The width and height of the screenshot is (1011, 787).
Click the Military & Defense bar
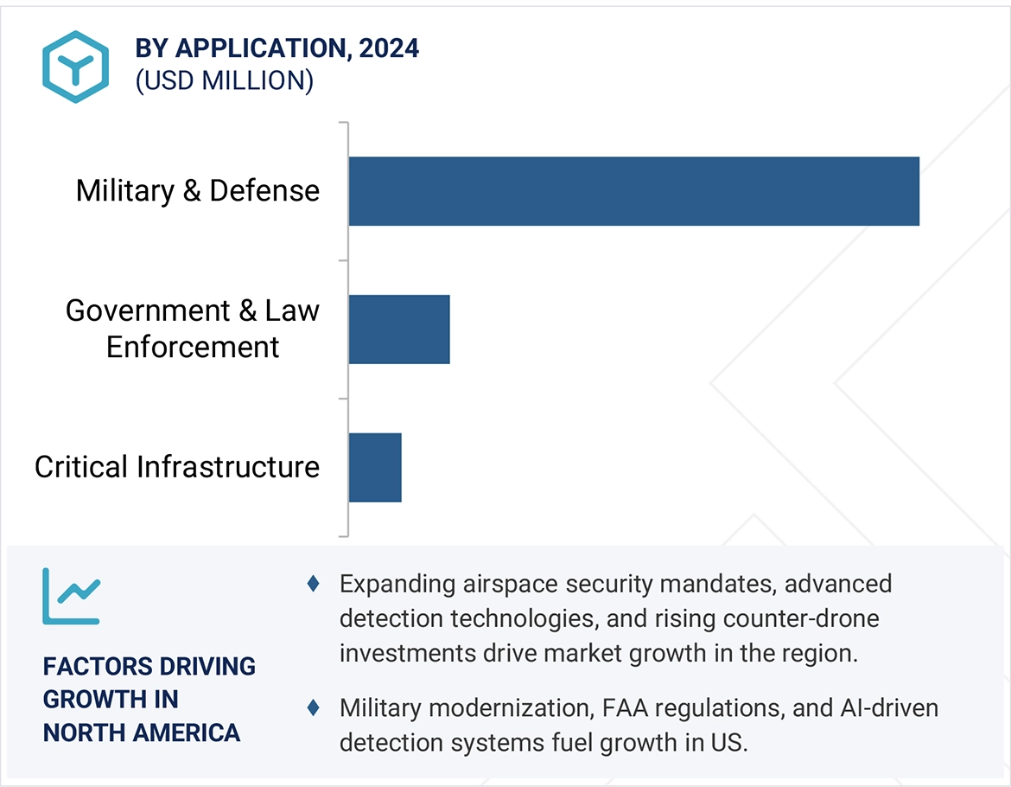pyautogui.click(x=633, y=191)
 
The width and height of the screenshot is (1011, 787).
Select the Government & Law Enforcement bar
pyautogui.click(x=399, y=329)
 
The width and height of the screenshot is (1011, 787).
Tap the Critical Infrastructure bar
pyautogui.click(x=375, y=467)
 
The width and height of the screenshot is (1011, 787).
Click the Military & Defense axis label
pyautogui.click(x=197, y=191)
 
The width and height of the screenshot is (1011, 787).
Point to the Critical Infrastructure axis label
pyautogui.click(x=176, y=467)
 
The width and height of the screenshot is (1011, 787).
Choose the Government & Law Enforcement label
pyautogui.click(x=192, y=329)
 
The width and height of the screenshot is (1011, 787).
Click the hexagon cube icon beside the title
pyautogui.click(x=75, y=67)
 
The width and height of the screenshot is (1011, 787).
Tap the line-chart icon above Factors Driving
pyautogui.click(x=71, y=596)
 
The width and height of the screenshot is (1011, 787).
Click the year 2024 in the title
pyautogui.click(x=389, y=48)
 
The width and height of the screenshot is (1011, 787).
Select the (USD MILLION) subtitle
pyautogui.click(x=225, y=81)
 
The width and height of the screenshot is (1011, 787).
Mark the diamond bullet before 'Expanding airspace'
pyautogui.click(x=314, y=584)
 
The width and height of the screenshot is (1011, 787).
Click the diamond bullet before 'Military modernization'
pyautogui.click(x=314, y=707)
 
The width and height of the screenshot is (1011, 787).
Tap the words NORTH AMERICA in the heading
pyautogui.click(x=141, y=733)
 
